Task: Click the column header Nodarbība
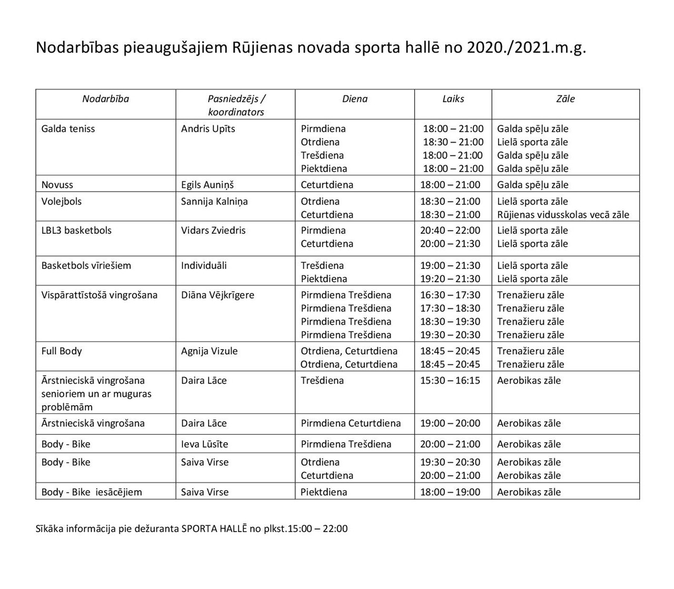coord(105,99)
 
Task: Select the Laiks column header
coord(453,99)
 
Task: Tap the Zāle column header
coord(566,99)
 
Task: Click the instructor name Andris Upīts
coord(208,129)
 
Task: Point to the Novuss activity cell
coord(57,185)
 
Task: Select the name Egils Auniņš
coord(207,185)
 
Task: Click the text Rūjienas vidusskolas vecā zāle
coord(563,215)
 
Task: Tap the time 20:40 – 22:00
coord(450,231)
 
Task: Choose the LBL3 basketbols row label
coord(76,231)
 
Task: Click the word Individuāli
coord(204,266)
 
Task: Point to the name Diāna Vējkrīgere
coord(217,295)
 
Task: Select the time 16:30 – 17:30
coord(450,295)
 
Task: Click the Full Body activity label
coord(62,351)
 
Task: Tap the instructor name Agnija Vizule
coord(209,351)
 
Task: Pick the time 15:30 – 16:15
coord(450,381)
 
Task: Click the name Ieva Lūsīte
coord(204,444)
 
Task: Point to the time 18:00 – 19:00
coord(450,492)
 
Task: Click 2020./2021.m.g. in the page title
coord(526,48)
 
